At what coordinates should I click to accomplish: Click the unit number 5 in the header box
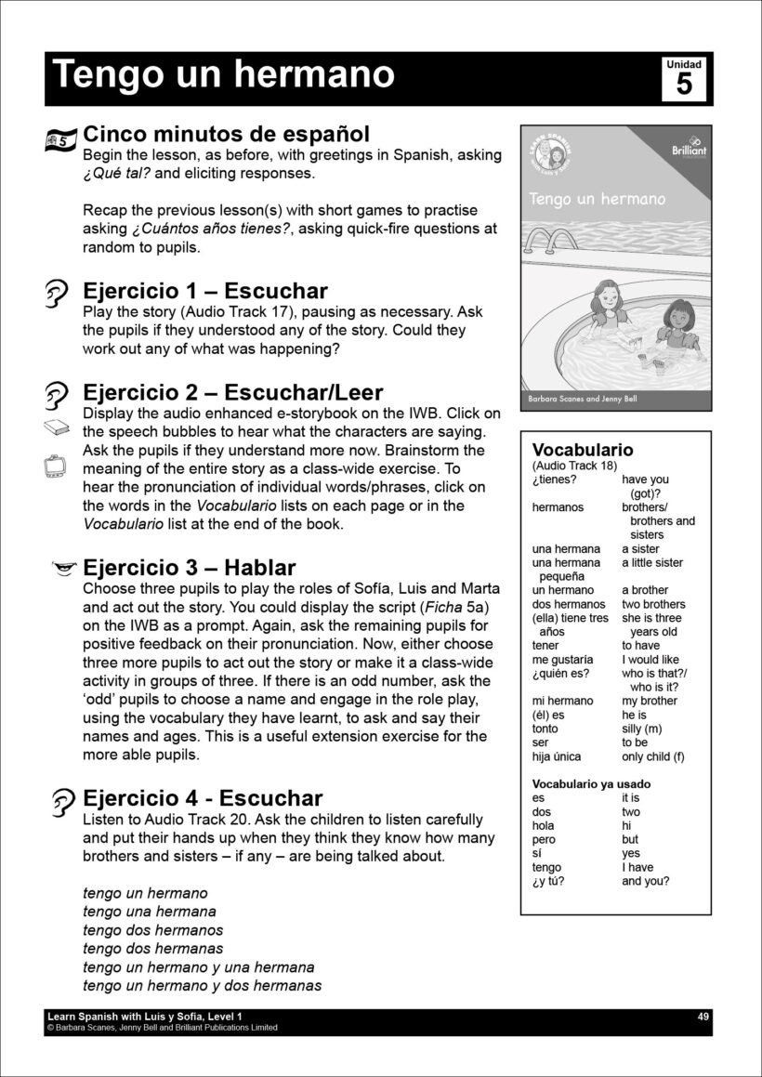684,85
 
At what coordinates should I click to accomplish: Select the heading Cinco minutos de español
226,134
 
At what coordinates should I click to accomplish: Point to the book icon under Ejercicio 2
58,428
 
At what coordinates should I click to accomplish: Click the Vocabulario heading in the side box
583,451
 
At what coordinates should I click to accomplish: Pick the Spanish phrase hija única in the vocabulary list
558,756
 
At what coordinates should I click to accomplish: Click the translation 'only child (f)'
652,756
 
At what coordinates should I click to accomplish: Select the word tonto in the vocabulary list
545,729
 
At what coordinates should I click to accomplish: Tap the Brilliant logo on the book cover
689,147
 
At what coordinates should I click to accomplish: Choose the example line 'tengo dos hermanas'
153,949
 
